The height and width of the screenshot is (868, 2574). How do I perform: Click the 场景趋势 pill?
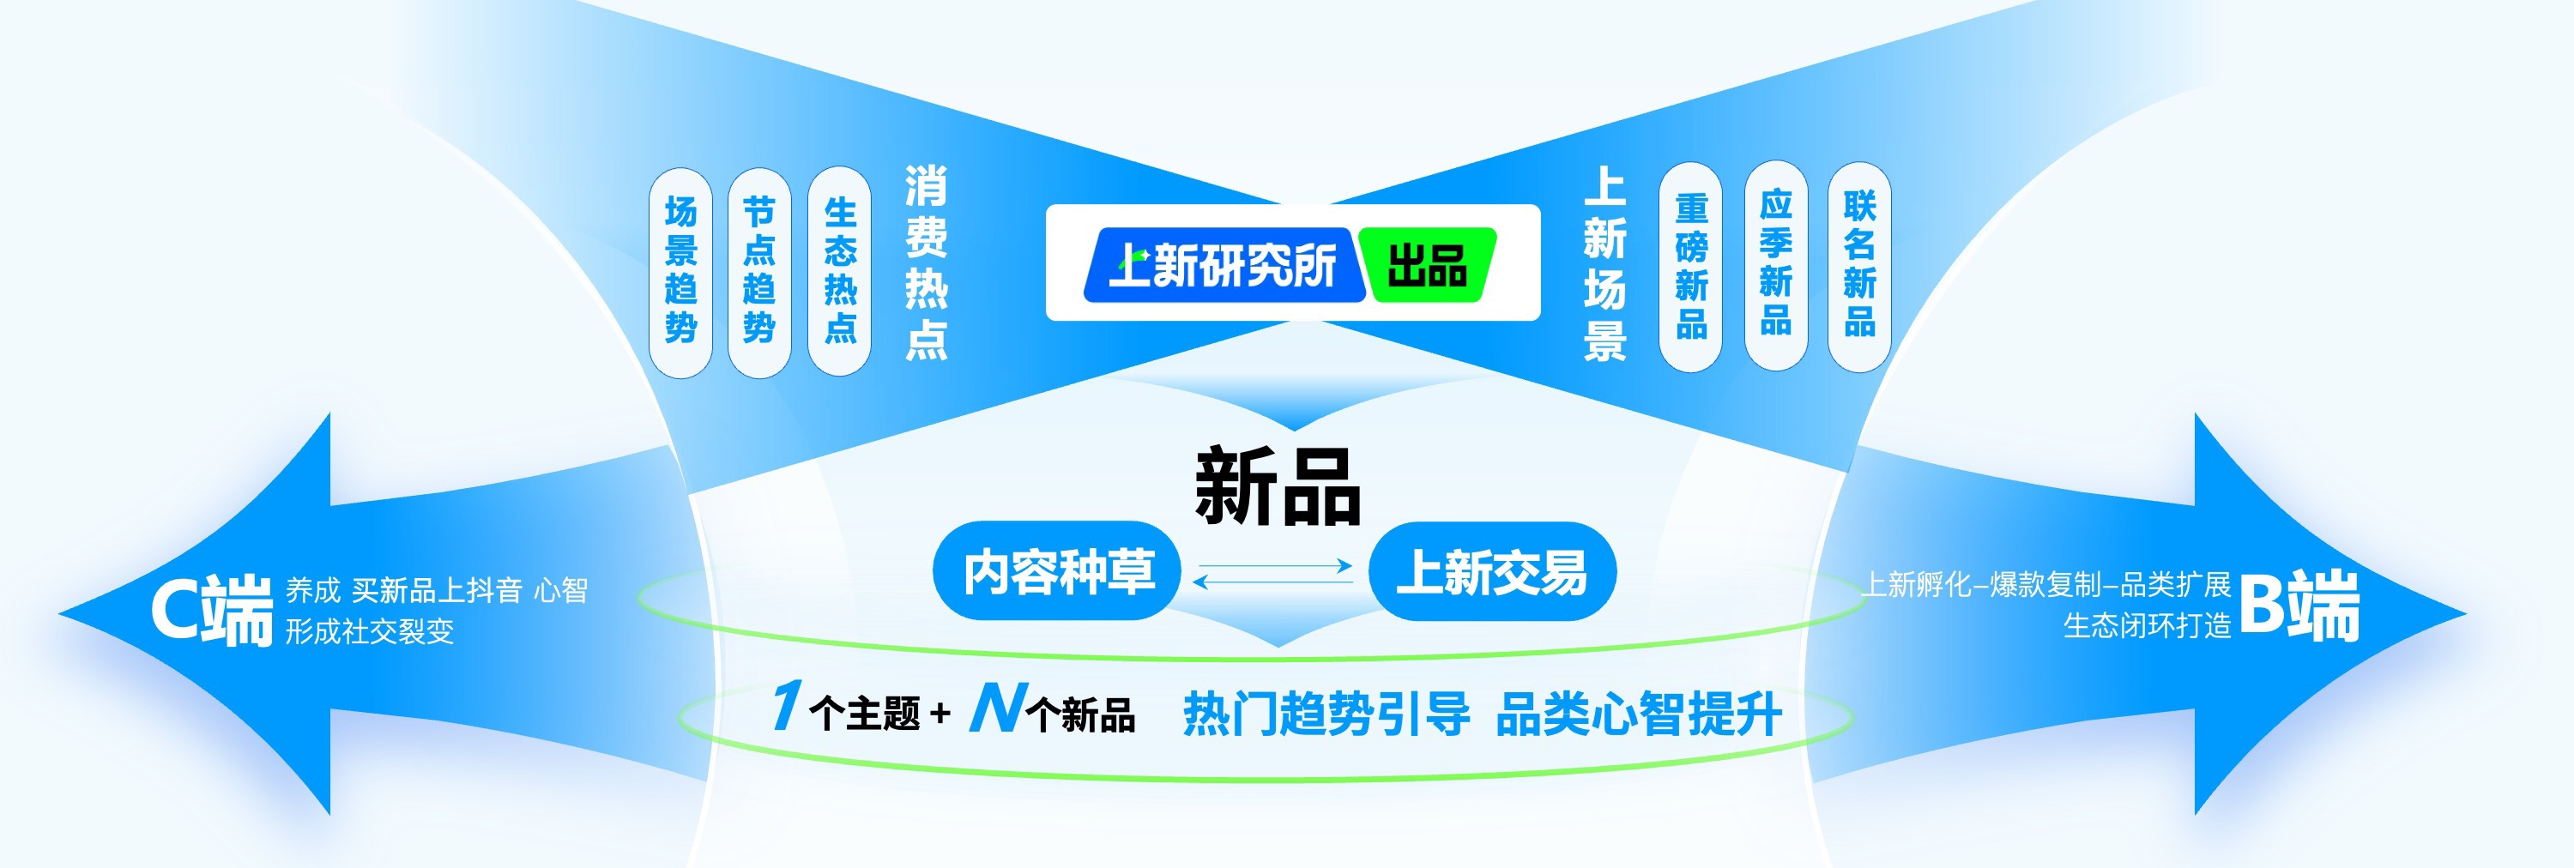tap(680, 272)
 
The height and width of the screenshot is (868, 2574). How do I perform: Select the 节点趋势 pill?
tap(759, 272)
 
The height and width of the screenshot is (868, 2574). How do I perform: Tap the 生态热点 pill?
tap(839, 272)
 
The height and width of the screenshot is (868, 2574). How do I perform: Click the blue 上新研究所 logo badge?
tap(1224, 265)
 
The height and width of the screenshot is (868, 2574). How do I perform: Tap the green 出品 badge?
tap(1428, 265)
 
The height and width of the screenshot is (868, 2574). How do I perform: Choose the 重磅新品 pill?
tap(1690, 268)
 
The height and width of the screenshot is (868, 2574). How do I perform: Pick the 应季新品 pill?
tap(1775, 265)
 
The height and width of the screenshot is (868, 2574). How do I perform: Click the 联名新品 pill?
tap(1859, 266)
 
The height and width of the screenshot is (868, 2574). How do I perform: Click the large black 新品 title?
tap(1278, 486)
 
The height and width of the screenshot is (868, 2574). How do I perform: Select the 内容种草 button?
tap(1058, 571)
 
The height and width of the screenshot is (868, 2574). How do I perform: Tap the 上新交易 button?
tap(1492, 571)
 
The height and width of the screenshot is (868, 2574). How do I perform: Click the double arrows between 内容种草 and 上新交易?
tap(1273, 572)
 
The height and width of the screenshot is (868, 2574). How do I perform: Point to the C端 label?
tap(212, 609)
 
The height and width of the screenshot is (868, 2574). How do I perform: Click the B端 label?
tap(2299, 606)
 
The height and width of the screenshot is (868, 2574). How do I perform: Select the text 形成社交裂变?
tap(370, 631)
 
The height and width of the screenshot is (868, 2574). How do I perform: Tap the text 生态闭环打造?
tap(2147, 626)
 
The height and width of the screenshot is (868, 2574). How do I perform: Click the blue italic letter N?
tap(996, 708)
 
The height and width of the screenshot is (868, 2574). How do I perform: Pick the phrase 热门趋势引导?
tap(1326, 714)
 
